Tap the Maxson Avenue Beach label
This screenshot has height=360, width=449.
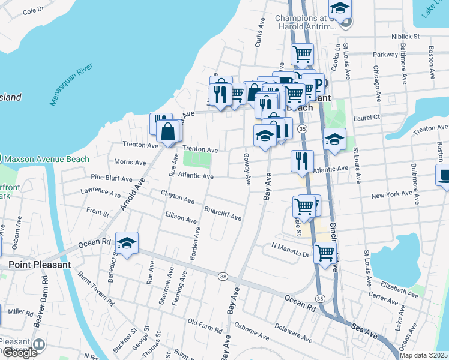[x=46, y=159]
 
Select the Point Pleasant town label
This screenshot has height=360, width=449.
[x=40, y=264]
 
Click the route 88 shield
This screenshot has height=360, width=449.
[x=223, y=276]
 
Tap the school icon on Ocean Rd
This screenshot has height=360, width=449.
[x=127, y=243]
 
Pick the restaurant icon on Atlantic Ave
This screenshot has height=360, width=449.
[x=301, y=161]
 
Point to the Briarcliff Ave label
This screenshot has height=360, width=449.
[x=223, y=214]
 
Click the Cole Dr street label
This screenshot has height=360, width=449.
[x=33, y=10]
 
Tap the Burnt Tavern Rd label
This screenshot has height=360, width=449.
[x=95, y=289]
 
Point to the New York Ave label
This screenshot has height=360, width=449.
[x=391, y=195]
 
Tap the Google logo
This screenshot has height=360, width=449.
[x=19, y=353]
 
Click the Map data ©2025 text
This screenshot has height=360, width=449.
[x=423, y=355]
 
